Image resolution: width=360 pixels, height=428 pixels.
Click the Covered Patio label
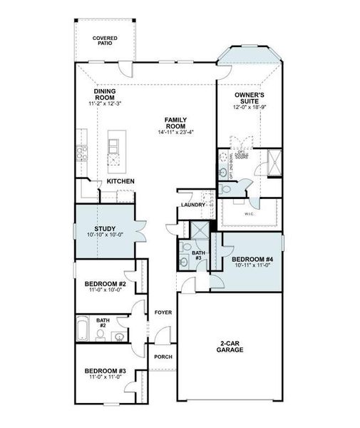[106, 40]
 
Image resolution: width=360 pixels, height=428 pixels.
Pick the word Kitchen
[121, 181]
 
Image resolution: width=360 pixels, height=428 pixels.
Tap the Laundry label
[192, 205]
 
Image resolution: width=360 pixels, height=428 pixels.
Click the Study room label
[105, 228]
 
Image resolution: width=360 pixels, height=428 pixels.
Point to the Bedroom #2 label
[105, 282]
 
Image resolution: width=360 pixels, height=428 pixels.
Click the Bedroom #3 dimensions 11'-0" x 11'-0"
[105, 379]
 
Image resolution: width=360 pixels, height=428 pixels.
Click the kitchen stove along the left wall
[81, 151]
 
